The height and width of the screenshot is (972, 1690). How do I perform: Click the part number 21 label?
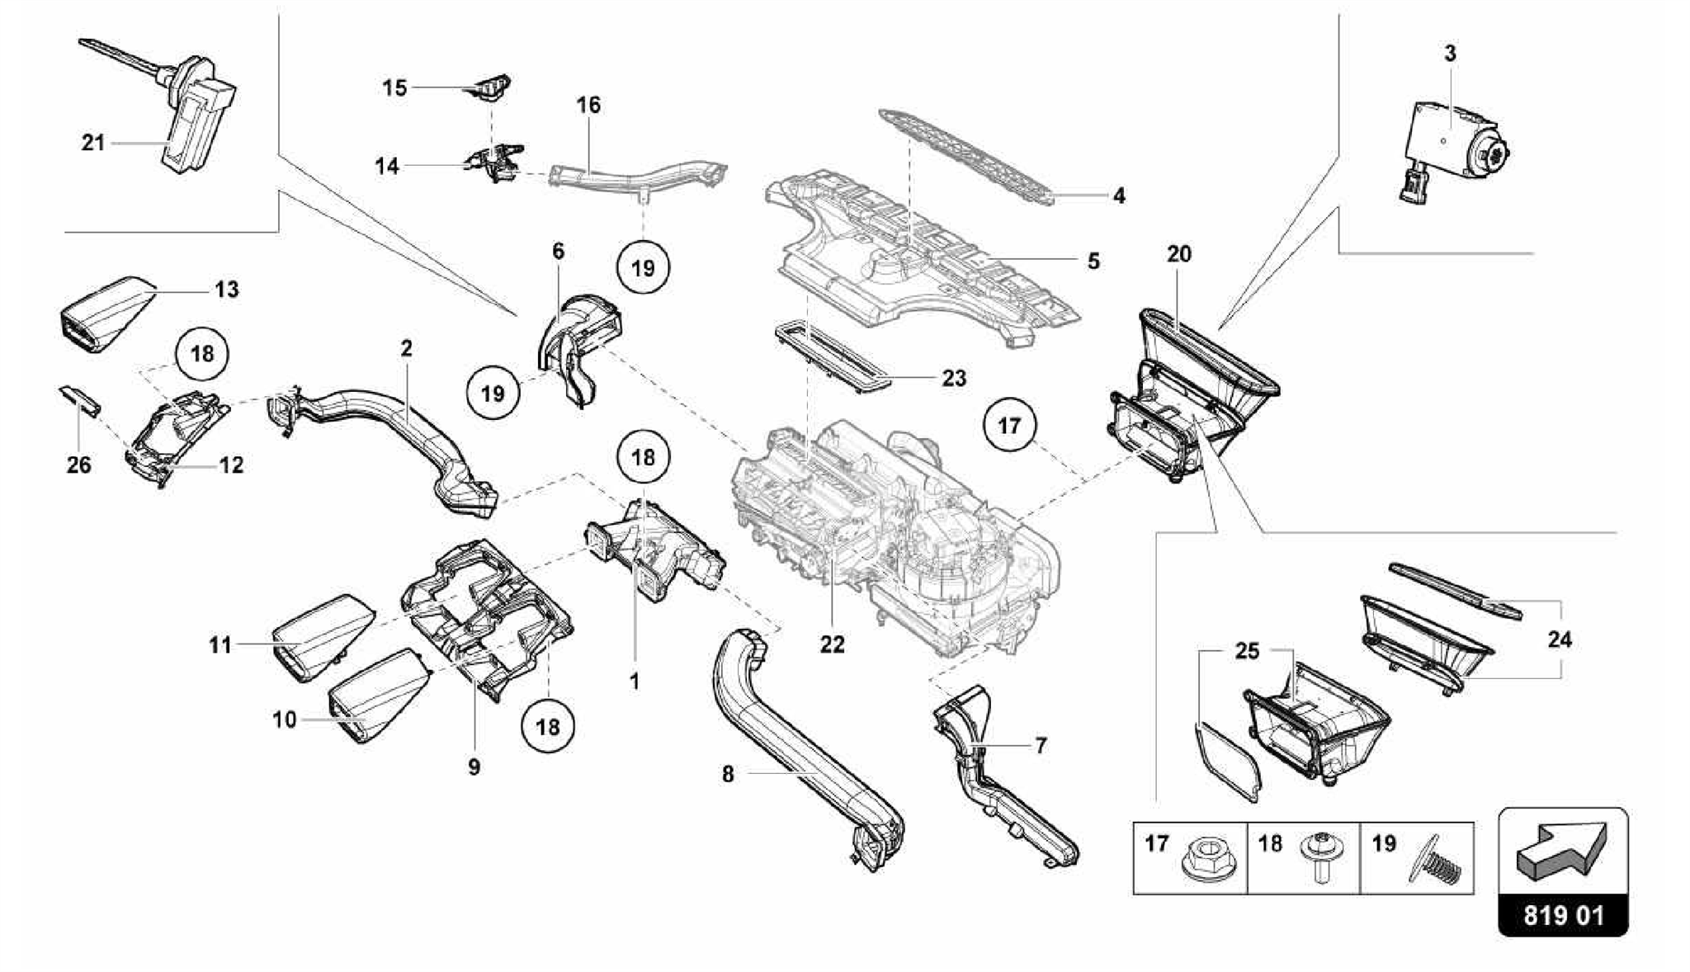93,143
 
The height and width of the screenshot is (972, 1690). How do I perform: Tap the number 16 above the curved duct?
588,106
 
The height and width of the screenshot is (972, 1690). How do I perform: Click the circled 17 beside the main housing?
1009,426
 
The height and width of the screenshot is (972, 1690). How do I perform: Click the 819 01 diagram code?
1563,916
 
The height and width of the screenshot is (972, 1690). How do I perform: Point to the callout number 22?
832,644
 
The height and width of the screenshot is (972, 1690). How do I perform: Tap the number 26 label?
79,465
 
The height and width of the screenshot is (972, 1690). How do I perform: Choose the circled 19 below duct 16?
643,267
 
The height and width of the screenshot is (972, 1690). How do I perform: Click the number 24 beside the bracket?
1559,639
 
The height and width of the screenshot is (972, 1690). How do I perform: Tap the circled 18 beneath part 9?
548,727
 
